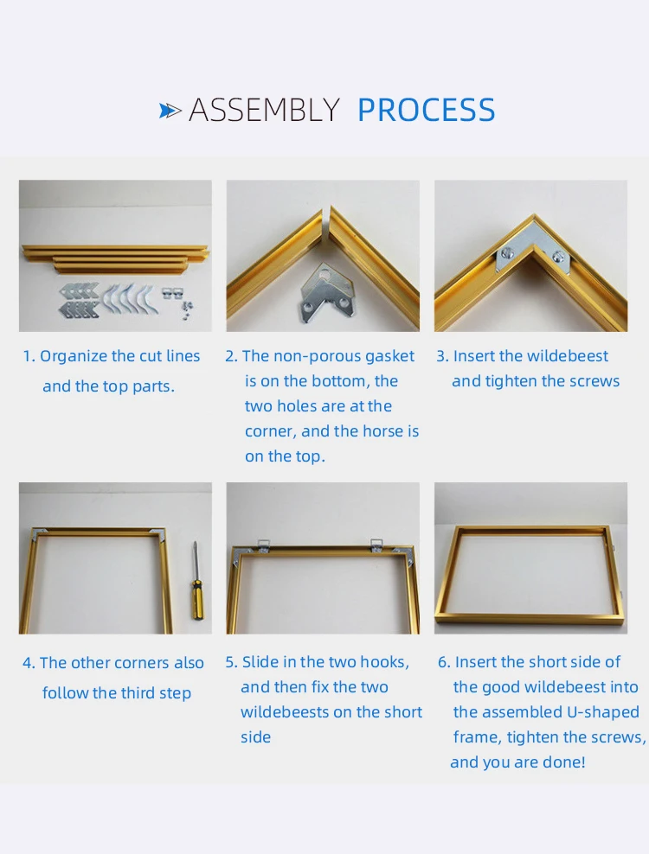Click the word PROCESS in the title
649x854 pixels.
[426, 110]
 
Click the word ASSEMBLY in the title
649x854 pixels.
[264, 110]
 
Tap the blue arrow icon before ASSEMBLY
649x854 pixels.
[170, 111]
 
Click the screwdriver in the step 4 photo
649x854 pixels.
[194, 580]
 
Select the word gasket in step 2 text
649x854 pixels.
[389, 356]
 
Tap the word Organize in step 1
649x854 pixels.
[74, 356]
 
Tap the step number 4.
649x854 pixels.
[28, 663]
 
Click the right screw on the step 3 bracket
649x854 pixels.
[557, 255]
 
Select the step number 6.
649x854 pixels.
[444, 662]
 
